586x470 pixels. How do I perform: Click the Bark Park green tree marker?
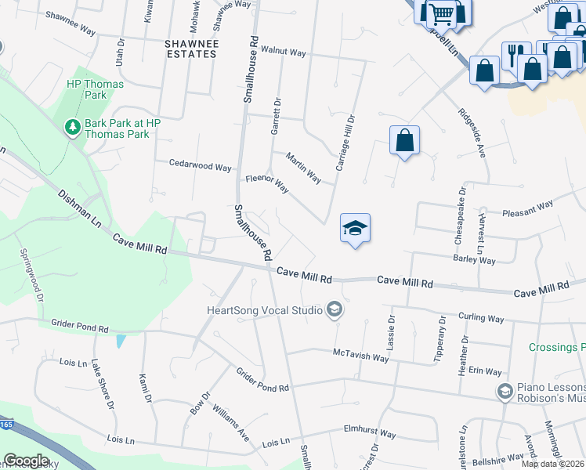pyautogui.click(x=72, y=127)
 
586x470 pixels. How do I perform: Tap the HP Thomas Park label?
pyautogui.click(x=86, y=89)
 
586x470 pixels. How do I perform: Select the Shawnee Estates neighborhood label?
pyautogui.click(x=190, y=48)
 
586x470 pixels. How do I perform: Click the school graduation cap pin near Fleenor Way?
pyautogui.click(x=355, y=229)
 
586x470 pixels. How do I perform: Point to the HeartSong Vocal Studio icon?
pyautogui.click(x=335, y=310)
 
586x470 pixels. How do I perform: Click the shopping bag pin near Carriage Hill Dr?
pyautogui.click(x=404, y=141)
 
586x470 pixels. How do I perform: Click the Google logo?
pyautogui.click(x=26, y=461)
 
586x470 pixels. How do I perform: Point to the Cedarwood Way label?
pyautogui.click(x=201, y=166)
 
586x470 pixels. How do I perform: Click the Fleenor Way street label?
pyautogui.click(x=267, y=183)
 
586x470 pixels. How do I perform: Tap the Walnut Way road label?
pyautogui.click(x=283, y=52)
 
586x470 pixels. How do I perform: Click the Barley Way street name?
pyautogui.click(x=474, y=259)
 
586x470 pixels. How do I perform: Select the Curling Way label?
pyautogui.click(x=481, y=319)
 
